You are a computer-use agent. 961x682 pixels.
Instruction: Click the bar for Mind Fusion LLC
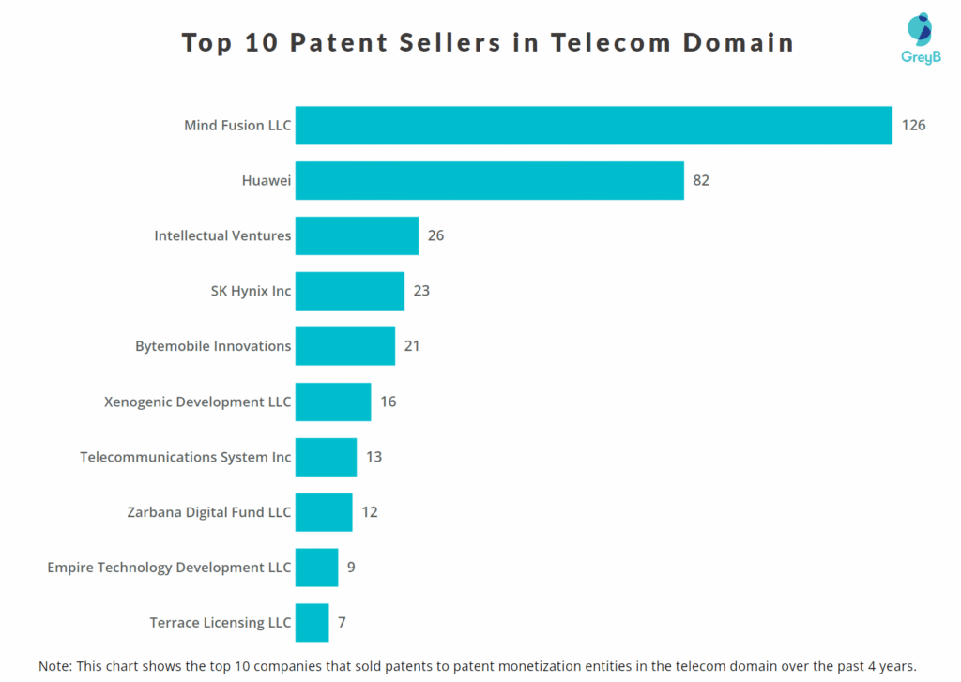coord(593,126)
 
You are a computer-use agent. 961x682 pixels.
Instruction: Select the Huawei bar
coord(489,181)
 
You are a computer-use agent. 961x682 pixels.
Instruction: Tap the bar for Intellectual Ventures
coord(357,235)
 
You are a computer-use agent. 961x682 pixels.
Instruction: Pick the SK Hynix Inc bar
coord(349,291)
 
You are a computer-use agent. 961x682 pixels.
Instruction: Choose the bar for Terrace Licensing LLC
coord(312,623)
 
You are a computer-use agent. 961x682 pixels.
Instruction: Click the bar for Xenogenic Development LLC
coord(333,402)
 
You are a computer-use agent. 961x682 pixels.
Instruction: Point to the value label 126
coord(913,126)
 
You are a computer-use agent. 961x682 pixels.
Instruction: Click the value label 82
coord(701,181)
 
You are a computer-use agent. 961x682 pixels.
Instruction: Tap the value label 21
coord(412,346)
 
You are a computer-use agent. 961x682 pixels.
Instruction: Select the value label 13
coord(374,457)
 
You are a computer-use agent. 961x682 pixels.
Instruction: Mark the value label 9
coord(351,568)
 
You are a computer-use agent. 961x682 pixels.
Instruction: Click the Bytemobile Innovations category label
coord(213,346)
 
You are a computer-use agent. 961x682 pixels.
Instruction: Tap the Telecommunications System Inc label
coord(186,457)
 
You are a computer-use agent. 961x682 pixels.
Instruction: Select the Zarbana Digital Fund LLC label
coord(209,512)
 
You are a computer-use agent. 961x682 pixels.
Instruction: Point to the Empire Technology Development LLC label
coord(169,568)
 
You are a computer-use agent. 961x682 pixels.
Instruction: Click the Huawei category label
coord(267,181)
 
